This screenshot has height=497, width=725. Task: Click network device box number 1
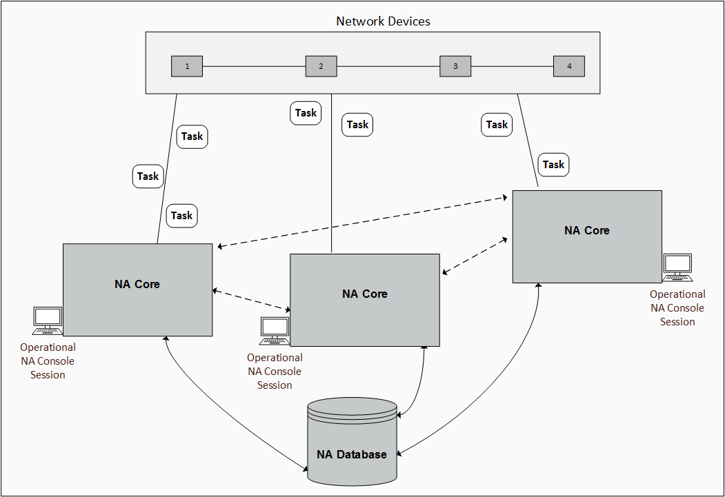(x=187, y=67)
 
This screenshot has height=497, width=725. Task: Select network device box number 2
(x=321, y=67)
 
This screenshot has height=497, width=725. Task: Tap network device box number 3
(x=455, y=67)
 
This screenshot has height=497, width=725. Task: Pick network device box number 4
(x=569, y=66)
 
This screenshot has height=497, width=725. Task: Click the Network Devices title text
(x=383, y=21)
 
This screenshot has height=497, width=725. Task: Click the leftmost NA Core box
(x=137, y=290)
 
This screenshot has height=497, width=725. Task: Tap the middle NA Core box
(x=365, y=300)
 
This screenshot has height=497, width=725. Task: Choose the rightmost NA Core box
(x=587, y=236)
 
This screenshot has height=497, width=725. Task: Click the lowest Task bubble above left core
(x=182, y=216)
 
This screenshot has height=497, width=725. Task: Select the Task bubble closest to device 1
(x=192, y=136)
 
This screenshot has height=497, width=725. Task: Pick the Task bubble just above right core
(x=553, y=165)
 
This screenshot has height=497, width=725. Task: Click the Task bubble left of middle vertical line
(x=306, y=113)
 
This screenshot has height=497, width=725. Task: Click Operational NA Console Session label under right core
(x=677, y=308)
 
